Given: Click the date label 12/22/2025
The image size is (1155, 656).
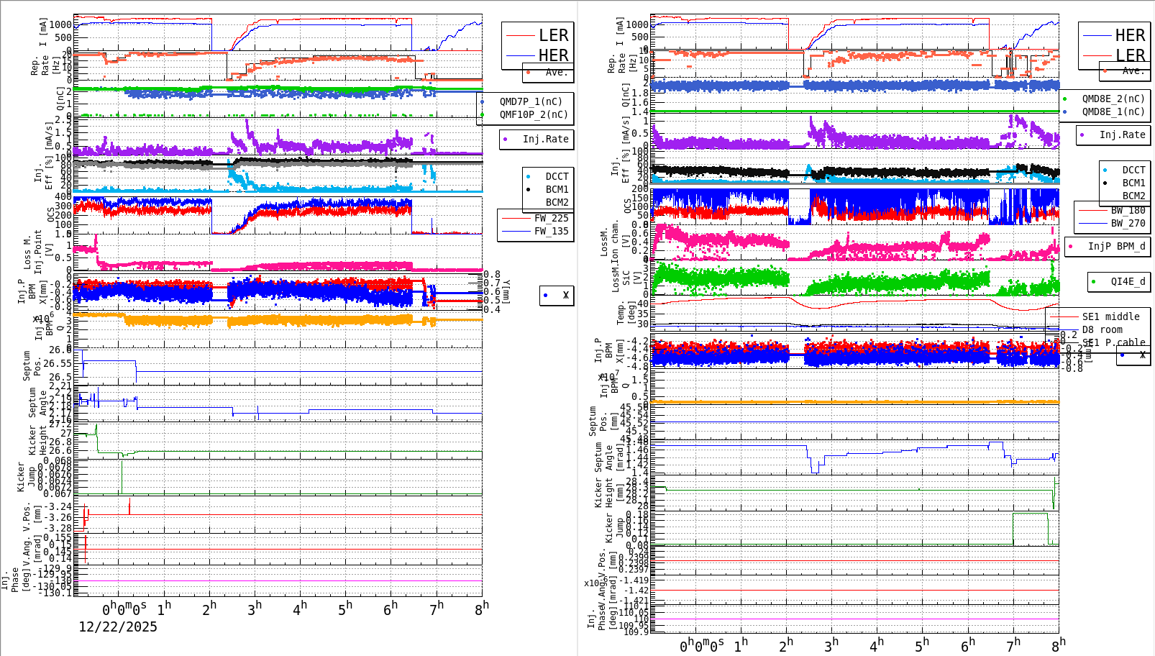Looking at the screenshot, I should (118, 627).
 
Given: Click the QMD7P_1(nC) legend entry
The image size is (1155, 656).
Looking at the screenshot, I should (531, 101).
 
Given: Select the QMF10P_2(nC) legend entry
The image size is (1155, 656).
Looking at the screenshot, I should (533, 114).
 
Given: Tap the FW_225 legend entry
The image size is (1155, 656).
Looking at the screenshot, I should (551, 218).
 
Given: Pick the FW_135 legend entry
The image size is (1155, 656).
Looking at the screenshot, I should (551, 231).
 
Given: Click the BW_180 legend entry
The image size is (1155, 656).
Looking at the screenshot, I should (1128, 210).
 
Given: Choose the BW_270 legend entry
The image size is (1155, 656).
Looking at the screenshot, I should (1128, 223).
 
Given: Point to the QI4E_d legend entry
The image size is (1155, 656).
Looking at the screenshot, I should (1128, 281).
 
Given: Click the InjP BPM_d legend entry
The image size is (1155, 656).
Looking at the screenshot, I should (1116, 246).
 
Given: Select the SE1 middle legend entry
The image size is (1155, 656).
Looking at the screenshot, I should (1110, 316).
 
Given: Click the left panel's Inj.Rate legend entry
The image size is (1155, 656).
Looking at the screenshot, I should (545, 139).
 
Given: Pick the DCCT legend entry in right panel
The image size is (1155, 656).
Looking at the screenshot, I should (1133, 170).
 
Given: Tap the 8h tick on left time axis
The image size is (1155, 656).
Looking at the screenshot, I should (480, 609).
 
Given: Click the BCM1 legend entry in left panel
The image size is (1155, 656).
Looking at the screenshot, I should (557, 189).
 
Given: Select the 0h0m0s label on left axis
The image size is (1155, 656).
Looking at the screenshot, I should (124, 609).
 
